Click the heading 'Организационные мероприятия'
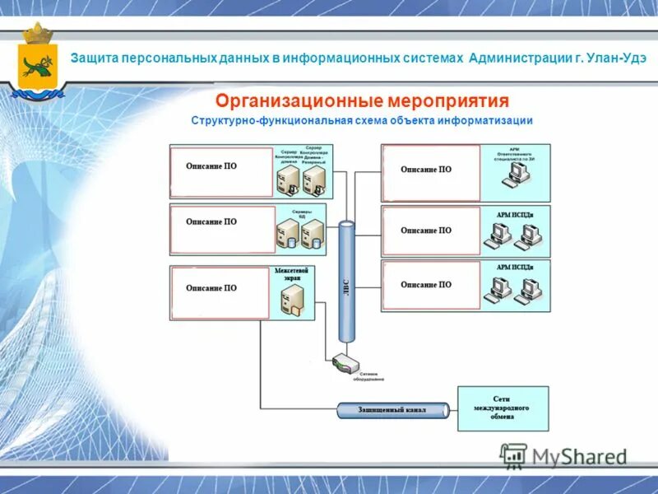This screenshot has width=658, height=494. click(x=362, y=101)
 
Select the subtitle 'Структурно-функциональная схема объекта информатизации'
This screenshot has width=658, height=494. click(x=362, y=121)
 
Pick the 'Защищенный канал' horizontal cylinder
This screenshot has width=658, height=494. click(x=392, y=409)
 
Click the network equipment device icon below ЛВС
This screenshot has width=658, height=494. click(x=345, y=363)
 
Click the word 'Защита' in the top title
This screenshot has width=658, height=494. click(x=95, y=58)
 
